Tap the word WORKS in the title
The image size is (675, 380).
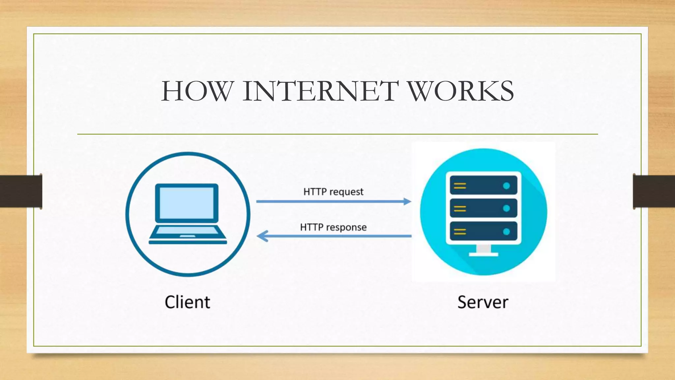tap(461, 91)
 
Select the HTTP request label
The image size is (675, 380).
tap(333, 192)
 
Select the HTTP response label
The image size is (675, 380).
tap(333, 227)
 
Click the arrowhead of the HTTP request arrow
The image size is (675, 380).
tap(408, 201)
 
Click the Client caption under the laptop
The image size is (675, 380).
tap(187, 302)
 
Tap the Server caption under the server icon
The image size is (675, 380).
tap(483, 302)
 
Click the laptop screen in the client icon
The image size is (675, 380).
tap(187, 203)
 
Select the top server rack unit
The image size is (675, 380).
tap(483, 186)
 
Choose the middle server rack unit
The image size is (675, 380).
tap(483, 208)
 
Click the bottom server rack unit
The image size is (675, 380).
tap(483, 232)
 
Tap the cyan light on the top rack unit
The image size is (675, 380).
tap(507, 186)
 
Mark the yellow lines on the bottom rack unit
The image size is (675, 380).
tap(460, 232)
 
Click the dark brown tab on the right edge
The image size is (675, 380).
tap(654, 191)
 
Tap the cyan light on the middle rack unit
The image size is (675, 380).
tap(507, 208)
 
